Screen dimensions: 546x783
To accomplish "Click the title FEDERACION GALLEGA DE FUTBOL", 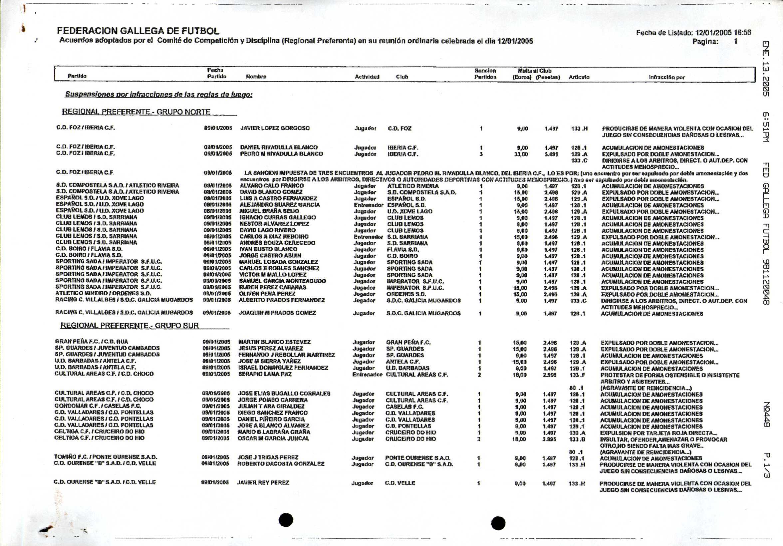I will pos(138,31).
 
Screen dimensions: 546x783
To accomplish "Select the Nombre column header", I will pos(256,77).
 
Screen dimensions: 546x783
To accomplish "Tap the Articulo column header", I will pos(579,78).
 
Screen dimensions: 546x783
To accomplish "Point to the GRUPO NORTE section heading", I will pos(136,112).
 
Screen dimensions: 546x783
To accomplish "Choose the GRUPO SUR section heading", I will pos(130,325).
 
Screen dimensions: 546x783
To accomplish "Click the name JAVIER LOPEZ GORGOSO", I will pos(275,128).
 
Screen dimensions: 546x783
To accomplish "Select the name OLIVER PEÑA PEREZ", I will pos(267,294).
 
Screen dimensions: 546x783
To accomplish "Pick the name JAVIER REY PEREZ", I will pos(263,482).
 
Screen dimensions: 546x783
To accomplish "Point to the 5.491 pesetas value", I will pos(551,154).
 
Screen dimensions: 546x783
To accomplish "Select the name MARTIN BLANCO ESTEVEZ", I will pos(274,342).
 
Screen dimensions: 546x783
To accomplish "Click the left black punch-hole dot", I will pos(286,520).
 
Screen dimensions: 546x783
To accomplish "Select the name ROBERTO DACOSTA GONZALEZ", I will pos(281,464).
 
